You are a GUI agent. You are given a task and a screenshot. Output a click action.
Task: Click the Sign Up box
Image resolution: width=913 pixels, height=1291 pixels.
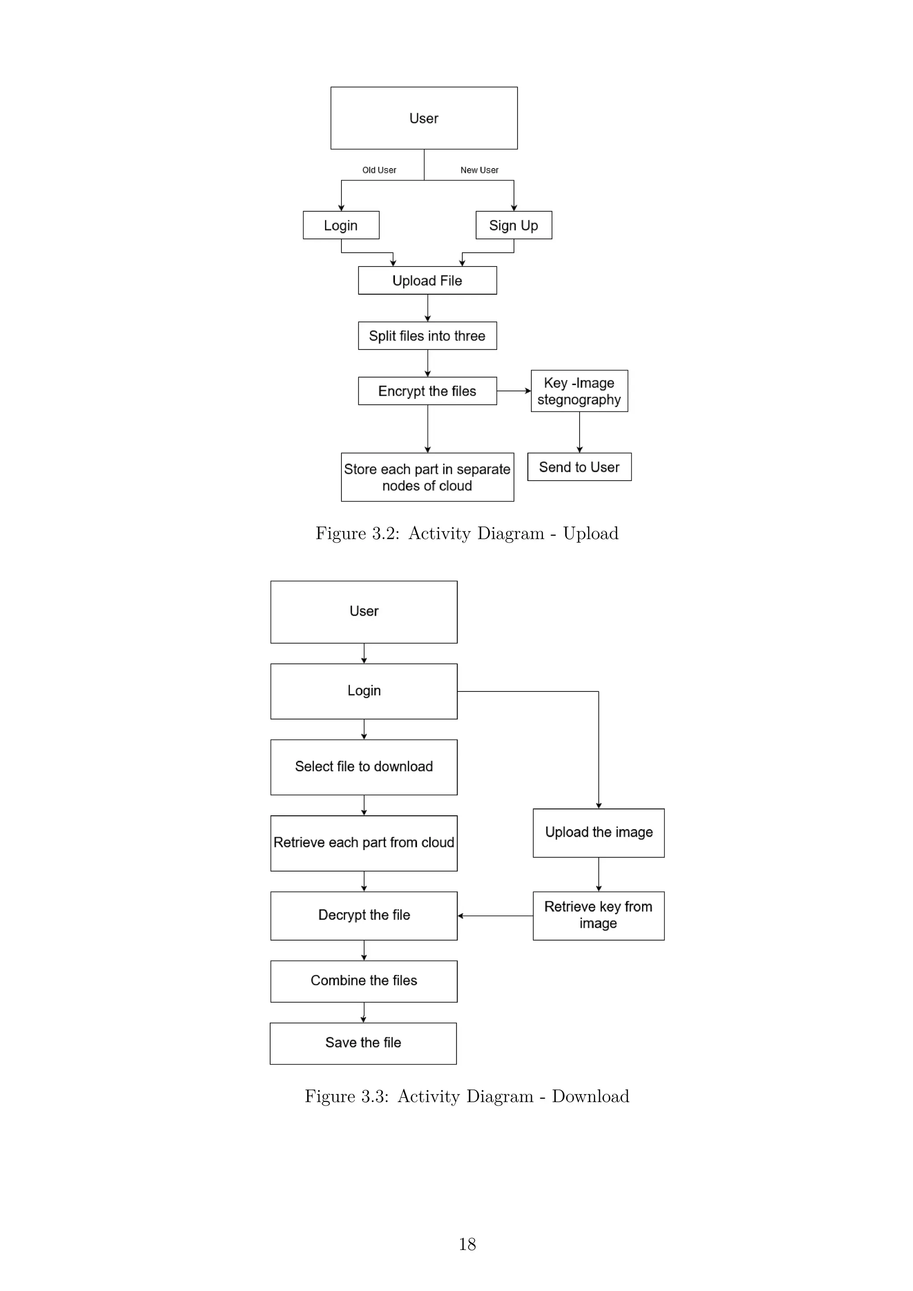tap(513, 226)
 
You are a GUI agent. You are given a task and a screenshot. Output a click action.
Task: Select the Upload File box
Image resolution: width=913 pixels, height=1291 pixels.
tap(427, 280)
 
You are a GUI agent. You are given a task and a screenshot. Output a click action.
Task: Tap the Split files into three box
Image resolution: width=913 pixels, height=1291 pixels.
tap(427, 336)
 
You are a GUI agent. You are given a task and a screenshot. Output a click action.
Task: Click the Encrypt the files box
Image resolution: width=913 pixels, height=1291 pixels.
tap(427, 391)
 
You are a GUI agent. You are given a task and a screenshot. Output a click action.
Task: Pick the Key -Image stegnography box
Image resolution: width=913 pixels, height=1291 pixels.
tap(579, 391)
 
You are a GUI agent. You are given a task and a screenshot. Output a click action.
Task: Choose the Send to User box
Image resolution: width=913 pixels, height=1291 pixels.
tap(579, 467)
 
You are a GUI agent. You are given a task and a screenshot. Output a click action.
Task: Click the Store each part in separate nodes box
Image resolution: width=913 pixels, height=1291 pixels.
tap(427, 477)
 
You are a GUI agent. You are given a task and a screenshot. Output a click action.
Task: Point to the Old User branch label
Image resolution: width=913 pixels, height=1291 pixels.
tap(379, 170)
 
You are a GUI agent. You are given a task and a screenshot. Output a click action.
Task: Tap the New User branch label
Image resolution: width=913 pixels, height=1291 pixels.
tap(479, 170)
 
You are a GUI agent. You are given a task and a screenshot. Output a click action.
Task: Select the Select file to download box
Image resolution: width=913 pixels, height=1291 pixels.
tap(364, 767)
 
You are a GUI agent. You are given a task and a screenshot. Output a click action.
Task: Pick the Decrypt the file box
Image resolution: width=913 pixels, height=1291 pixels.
tap(364, 915)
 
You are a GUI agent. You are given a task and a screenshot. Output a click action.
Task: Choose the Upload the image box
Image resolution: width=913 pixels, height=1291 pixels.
tap(598, 833)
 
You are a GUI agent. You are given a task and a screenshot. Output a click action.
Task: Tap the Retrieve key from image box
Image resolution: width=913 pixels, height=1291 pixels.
tap(598, 915)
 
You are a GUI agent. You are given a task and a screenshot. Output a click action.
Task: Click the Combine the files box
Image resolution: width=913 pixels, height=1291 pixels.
tap(364, 981)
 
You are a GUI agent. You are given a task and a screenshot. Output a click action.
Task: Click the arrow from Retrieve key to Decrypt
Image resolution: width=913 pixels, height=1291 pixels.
tap(495, 916)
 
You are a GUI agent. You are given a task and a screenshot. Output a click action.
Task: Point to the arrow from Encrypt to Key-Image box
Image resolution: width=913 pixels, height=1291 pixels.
tap(514, 391)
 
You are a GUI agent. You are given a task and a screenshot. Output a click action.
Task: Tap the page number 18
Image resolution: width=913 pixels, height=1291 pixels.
tap(467, 1244)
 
